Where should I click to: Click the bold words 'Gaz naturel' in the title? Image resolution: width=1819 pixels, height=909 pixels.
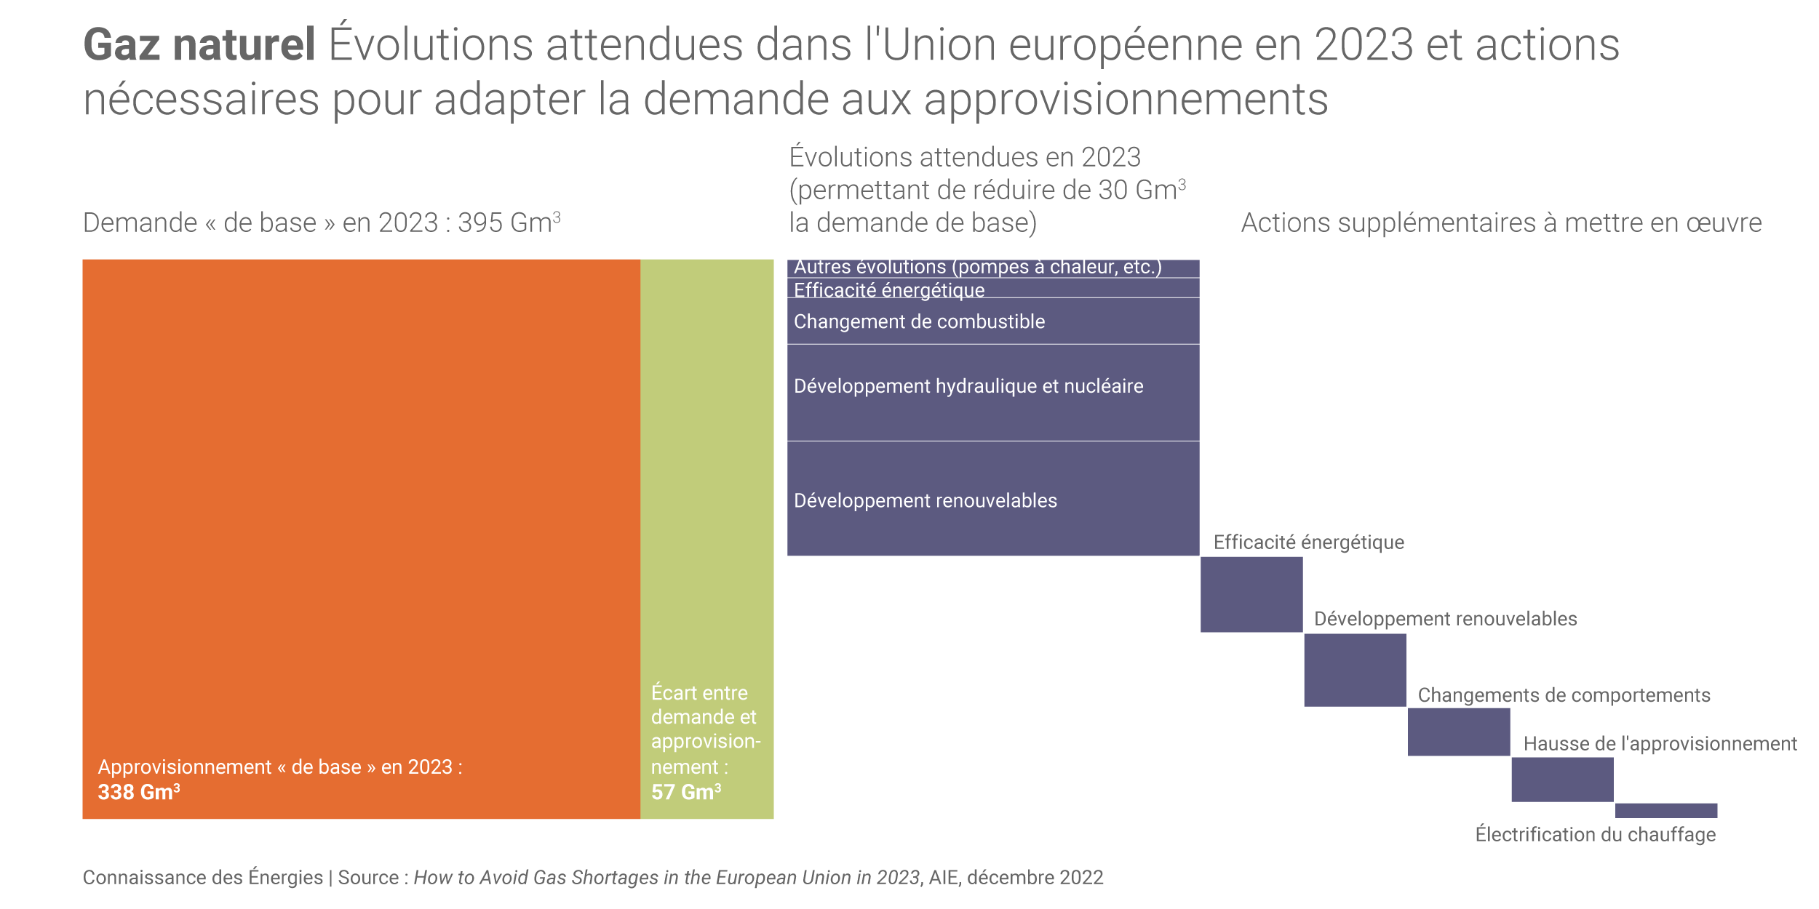pos(199,45)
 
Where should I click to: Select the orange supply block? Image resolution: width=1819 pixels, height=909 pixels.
pos(361,509)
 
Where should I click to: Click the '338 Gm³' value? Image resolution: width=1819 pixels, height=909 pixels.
pos(139,792)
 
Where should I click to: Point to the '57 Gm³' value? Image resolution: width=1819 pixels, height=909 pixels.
pos(686,792)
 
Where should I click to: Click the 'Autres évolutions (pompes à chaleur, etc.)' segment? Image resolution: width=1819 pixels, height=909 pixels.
pos(993,268)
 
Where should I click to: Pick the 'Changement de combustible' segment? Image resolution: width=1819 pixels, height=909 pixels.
pos(993,321)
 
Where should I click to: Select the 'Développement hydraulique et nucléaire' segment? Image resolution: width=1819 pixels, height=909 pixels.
pos(993,392)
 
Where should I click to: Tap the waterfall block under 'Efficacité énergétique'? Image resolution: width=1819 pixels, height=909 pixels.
pos(1251,594)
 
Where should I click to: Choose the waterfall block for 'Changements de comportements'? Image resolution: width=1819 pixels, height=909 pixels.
pos(1459,732)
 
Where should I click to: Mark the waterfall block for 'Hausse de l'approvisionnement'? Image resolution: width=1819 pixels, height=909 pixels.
pos(1562,780)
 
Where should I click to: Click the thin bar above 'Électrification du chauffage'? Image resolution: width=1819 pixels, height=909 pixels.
pos(1666,810)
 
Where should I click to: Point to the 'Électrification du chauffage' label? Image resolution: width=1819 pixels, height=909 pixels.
pos(1595,835)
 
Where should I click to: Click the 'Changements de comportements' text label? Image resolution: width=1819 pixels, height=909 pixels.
pos(1564,695)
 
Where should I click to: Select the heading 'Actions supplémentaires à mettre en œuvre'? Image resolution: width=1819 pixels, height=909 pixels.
pos(1501,223)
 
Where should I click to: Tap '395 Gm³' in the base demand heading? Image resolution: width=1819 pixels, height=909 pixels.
pos(509,223)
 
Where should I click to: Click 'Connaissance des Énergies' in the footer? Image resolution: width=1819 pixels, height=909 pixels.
pos(202,878)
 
